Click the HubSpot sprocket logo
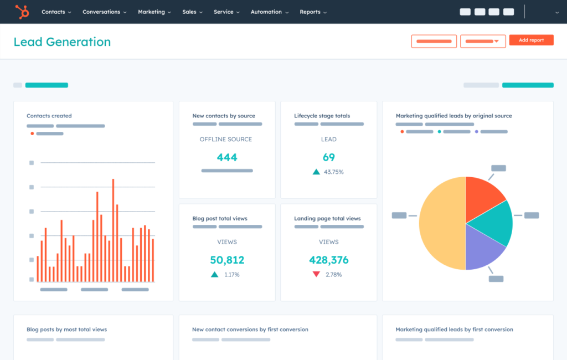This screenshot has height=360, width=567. coord(22,11)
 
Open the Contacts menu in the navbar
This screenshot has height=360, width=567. coord(56,12)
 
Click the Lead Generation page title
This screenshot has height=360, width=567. coord(62,42)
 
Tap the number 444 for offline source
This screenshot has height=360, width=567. coord(227,157)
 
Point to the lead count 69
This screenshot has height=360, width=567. coord(329,157)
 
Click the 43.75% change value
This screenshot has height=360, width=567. coord(334,172)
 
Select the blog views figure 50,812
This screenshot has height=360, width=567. coord(227,260)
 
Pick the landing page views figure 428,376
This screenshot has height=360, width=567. coord(329,260)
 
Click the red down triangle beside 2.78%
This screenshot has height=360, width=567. coord(316,274)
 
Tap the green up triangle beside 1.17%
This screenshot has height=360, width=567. coord(214,274)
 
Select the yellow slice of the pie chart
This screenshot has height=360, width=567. coord(440,224)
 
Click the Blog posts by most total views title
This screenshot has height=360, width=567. coord(66,330)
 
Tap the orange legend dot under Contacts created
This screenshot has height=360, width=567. coord(32,133)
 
